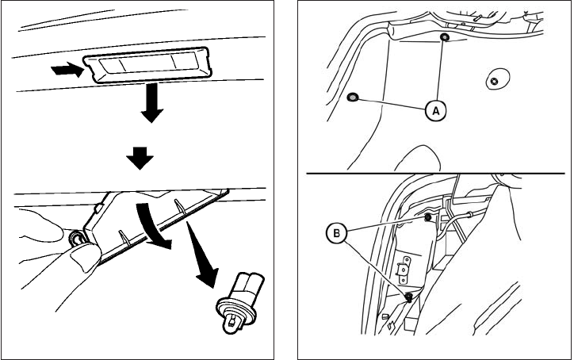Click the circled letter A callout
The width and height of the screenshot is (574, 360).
tap(434, 111)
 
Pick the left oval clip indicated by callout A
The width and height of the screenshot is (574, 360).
tap(354, 98)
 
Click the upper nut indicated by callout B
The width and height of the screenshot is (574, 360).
tap(428, 216)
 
